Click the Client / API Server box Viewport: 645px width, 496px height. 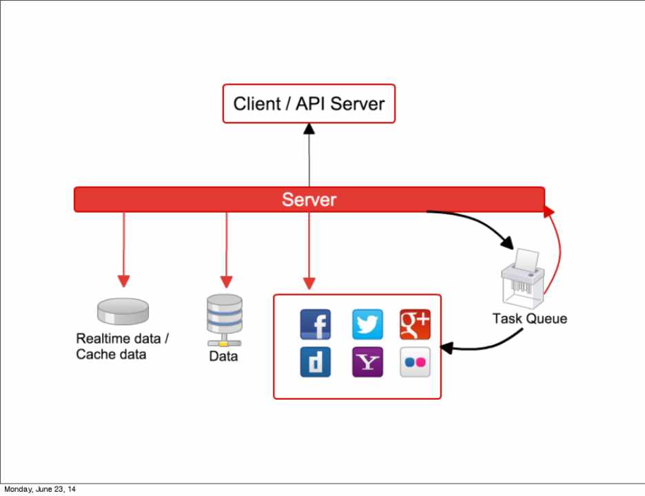[309, 104]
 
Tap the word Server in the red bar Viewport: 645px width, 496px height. [309, 200]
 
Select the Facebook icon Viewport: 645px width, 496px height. [316, 324]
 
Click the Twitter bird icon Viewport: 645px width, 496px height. [367, 324]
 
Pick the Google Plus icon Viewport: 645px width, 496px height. [415, 324]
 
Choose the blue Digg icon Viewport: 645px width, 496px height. [316, 362]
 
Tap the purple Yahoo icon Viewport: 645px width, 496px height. [367, 362]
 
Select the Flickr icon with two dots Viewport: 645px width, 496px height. [415, 362]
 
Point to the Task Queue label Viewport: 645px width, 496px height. [529, 318]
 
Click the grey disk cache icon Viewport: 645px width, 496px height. [123, 311]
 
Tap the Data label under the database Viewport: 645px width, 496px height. [223, 357]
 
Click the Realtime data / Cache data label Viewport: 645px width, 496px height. [123, 347]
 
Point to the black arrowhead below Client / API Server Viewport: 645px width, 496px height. [309, 128]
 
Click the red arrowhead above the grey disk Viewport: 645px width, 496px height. [123, 281]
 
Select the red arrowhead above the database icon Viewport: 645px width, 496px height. [226, 281]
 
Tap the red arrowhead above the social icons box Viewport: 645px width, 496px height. [309, 282]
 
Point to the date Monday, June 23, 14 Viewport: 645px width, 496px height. [41, 489]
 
